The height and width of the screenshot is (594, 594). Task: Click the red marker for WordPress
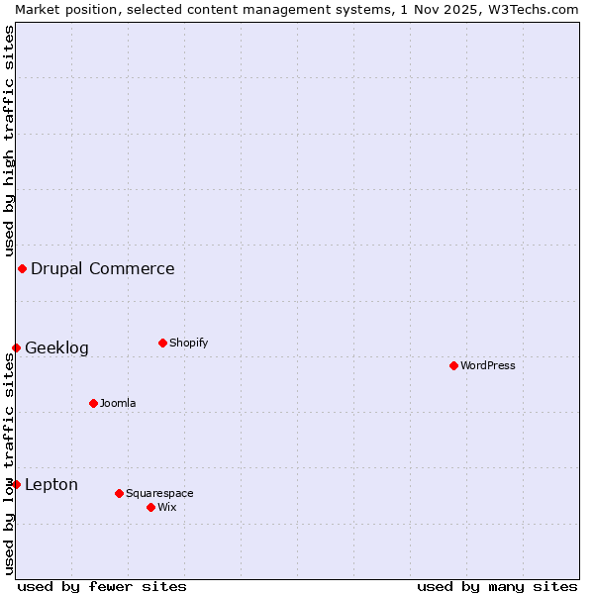[x=453, y=365]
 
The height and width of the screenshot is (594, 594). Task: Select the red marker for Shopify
[x=162, y=343]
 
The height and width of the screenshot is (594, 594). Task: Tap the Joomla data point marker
[x=93, y=403]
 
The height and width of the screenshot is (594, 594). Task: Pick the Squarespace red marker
[x=119, y=493]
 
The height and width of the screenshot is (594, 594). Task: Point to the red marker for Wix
[x=150, y=507]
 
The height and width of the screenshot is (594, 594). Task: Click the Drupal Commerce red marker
[x=22, y=268]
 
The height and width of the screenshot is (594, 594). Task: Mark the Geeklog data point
[x=16, y=347]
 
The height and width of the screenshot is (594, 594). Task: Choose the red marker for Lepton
[x=16, y=484]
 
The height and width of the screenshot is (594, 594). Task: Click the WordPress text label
[x=488, y=365]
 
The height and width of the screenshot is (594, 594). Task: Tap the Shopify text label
[x=188, y=343]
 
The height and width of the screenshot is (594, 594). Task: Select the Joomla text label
[x=118, y=403]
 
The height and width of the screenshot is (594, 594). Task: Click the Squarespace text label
[x=159, y=493]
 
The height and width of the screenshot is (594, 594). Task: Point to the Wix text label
[x=166, y=507]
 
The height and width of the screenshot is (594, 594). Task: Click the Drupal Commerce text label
[x=103, y=268]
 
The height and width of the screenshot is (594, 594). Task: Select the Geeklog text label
[x=56, y=347]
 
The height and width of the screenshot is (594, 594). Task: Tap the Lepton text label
[x=51, y=484]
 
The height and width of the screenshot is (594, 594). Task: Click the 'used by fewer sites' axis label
[x=102, y=586]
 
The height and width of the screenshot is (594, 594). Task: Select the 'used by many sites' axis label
[x=497, y=586]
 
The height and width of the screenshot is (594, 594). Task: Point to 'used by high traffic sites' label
[x=9, y=142]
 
